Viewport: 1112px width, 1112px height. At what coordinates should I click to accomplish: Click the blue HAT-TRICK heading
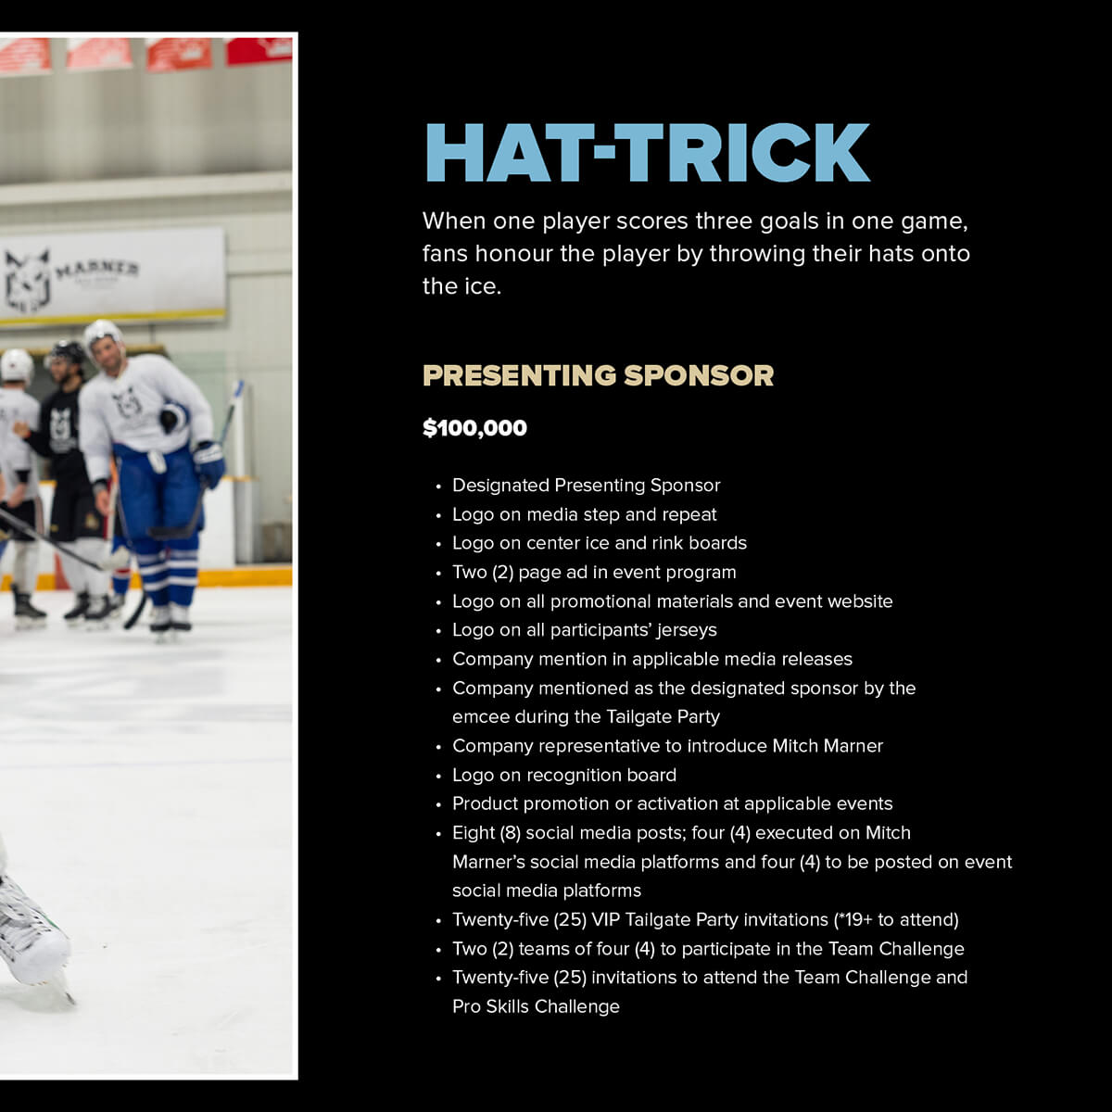648,152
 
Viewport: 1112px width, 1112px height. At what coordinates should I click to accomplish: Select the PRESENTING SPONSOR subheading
598,375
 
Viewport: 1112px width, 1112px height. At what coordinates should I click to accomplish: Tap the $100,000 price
474,427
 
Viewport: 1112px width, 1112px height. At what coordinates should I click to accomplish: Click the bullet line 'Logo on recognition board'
563,775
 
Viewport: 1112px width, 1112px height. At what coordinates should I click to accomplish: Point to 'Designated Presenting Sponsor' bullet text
586,486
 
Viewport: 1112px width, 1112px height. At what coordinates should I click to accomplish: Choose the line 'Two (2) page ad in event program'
594,572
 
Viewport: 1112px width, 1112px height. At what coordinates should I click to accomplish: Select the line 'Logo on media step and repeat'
584,514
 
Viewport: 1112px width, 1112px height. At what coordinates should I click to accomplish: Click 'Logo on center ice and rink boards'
599,543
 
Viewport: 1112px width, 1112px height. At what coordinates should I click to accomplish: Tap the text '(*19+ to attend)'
896,919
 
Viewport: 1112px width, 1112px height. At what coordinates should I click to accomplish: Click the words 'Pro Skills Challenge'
536,1006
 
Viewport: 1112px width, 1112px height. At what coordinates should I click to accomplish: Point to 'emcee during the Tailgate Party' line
586,716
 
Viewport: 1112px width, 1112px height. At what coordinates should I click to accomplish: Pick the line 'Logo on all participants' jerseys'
584,630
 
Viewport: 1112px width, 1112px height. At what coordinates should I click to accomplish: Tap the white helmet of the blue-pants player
103,335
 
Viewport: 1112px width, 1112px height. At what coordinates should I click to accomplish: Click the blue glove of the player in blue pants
208,463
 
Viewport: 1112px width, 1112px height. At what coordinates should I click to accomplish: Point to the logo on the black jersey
61,428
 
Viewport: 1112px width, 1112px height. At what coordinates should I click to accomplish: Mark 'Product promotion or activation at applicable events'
672,803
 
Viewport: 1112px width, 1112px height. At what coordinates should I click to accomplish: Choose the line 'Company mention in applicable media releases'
652,659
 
